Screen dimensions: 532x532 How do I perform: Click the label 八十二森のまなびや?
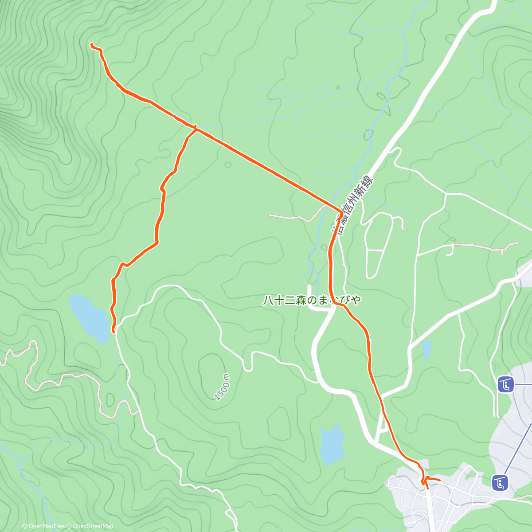(312, 300)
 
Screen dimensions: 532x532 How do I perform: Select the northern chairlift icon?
(505, 384)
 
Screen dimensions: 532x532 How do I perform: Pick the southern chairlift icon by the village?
(501, 482)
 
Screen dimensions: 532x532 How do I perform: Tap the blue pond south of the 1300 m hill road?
(332, 445)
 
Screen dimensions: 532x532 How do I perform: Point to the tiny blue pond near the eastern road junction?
(427, 350)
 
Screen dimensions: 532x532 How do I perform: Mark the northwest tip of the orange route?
(92, 44)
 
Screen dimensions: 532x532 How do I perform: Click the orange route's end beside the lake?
(113, 331)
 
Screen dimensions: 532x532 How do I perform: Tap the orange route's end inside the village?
(439, 480)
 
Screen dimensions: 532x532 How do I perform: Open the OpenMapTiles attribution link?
(43, 526)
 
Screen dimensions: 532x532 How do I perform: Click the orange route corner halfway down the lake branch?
(156, 242)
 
